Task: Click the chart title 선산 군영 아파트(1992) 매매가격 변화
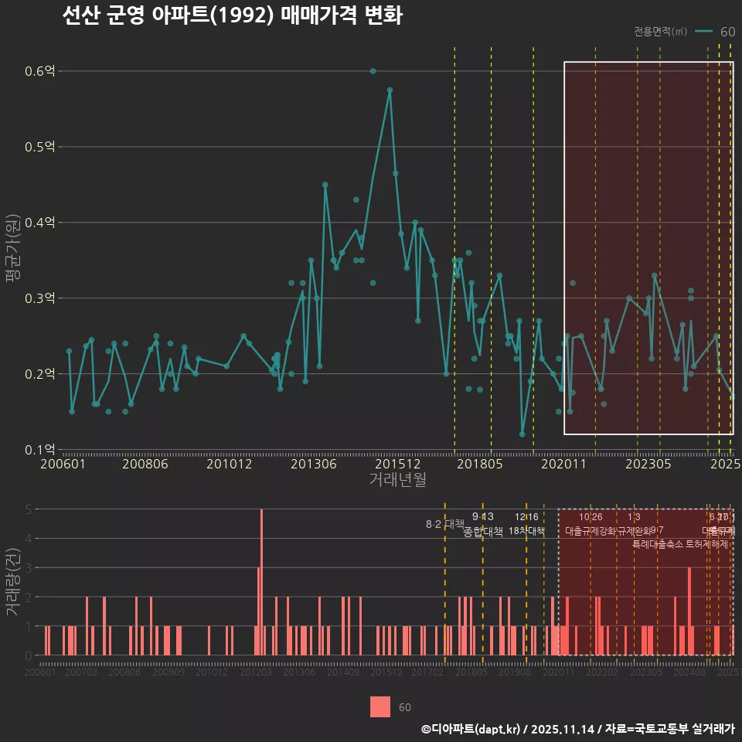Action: pyautogui.click(x=232, y=16)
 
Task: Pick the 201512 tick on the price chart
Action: pyautogui.click(x=397, y=465)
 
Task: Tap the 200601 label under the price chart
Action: pyautogui.click(x=63, y=465)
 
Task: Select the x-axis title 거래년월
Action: pyautogui.click(x=397, y=480)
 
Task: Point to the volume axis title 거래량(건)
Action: pyautogui.click(x=13, y=582)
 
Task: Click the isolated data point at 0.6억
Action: pyautogui.click(x=373, y=71)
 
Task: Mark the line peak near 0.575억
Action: pyautogui.click(x=390, y=90)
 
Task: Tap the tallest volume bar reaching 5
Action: pyautogui.click(x=262, y=582)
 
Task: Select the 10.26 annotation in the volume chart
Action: pyautogui.click(x=591, y=517)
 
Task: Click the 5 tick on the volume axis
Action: pyautogui.click(x=29, y=509)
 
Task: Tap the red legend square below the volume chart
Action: pyautogui.click(x=380, y=706)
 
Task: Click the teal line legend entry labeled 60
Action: pyautogui.click(x=716, y=32)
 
